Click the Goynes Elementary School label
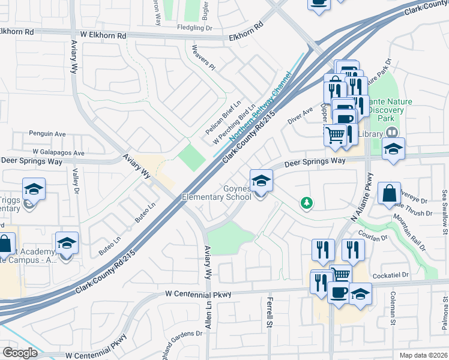[217, 192]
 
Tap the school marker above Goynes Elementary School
[261, 180]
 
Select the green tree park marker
[307, 203]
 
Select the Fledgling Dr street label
[195, 28]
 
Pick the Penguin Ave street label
[47, 133]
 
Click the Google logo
[20, 352]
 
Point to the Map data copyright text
[423, 355]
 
